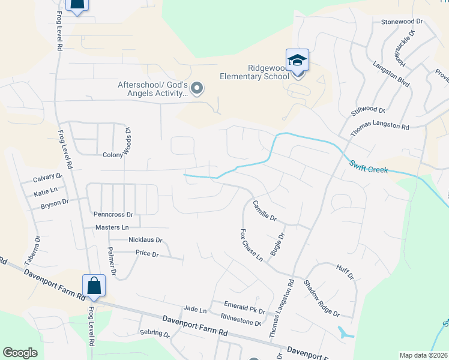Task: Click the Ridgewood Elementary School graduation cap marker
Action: (297, 61)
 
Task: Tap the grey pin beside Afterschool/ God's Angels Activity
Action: (197, 89)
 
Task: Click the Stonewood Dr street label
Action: (402, 22)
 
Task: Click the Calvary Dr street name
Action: (47, 178)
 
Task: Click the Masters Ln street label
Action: (112, 228)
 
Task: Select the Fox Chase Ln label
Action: (252, 244)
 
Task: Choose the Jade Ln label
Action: (195, 310)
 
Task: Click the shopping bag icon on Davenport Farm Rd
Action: (94, 286)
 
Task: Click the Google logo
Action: (20, 353)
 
